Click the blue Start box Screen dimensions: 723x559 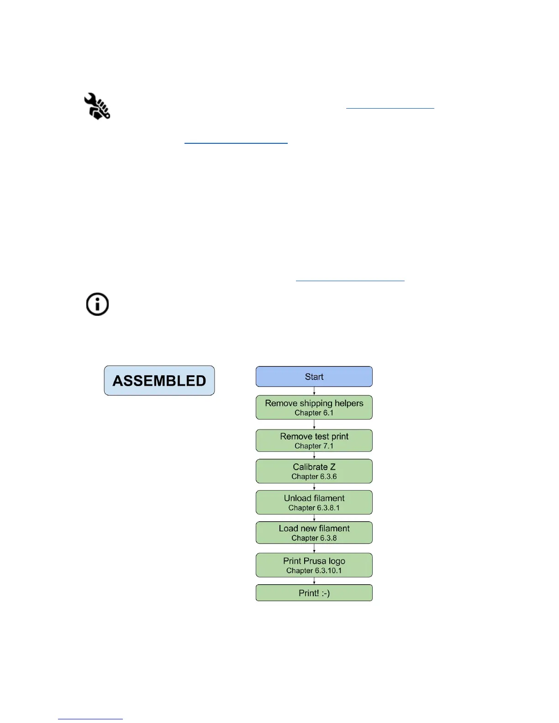coord(314,377)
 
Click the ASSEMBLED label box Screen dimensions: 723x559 coord(159,381)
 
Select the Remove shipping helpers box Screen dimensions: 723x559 coord(314,407)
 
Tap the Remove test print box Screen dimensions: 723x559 coord(314,440)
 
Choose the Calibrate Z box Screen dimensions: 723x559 coord(314,471)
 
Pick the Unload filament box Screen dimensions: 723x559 coord(314,502)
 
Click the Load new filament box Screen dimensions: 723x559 coord(314,533)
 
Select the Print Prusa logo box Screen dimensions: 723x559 coord(314,565)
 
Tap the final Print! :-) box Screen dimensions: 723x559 coord(314,593)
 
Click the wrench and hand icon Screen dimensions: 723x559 coord(97,106)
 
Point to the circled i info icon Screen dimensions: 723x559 coord(97,304)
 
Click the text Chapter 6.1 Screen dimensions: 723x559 coord(314,413)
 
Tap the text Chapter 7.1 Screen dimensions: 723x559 coord(314,446)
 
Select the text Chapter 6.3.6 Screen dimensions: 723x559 coord(314,477)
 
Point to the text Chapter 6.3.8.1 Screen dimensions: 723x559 coord(314,508)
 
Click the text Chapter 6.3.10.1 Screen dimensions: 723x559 coord(314,571)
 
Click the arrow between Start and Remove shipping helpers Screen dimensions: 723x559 coord(314,391)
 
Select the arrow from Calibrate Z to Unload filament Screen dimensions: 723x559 coord(314,487)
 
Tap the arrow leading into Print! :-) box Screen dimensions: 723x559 coord(314,581)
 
